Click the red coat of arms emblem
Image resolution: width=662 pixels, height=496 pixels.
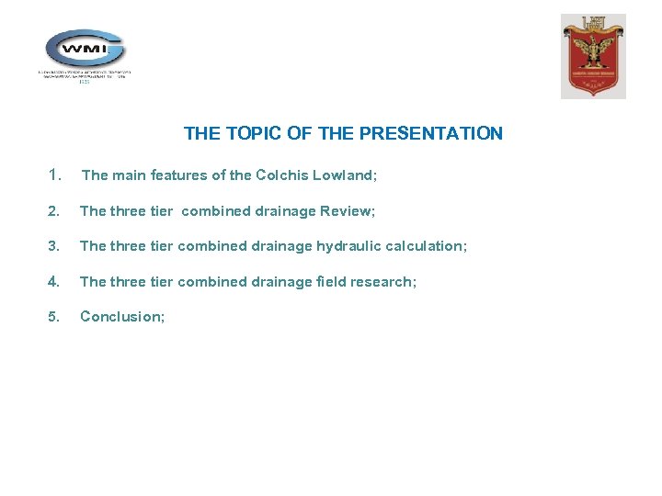tap(594, 56)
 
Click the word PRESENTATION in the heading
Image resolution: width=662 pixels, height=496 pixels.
tap(431, 133)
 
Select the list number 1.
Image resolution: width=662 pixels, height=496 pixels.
tap(55, 175)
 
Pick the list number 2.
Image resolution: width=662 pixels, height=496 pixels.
tap(54, 211)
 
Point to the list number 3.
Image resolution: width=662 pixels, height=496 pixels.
tap(54, 246)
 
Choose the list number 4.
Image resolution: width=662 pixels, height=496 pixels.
tap(54, 281)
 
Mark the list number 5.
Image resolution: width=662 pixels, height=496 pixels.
tap(54, 316)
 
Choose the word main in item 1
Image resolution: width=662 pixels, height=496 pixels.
tap(129, 175)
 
